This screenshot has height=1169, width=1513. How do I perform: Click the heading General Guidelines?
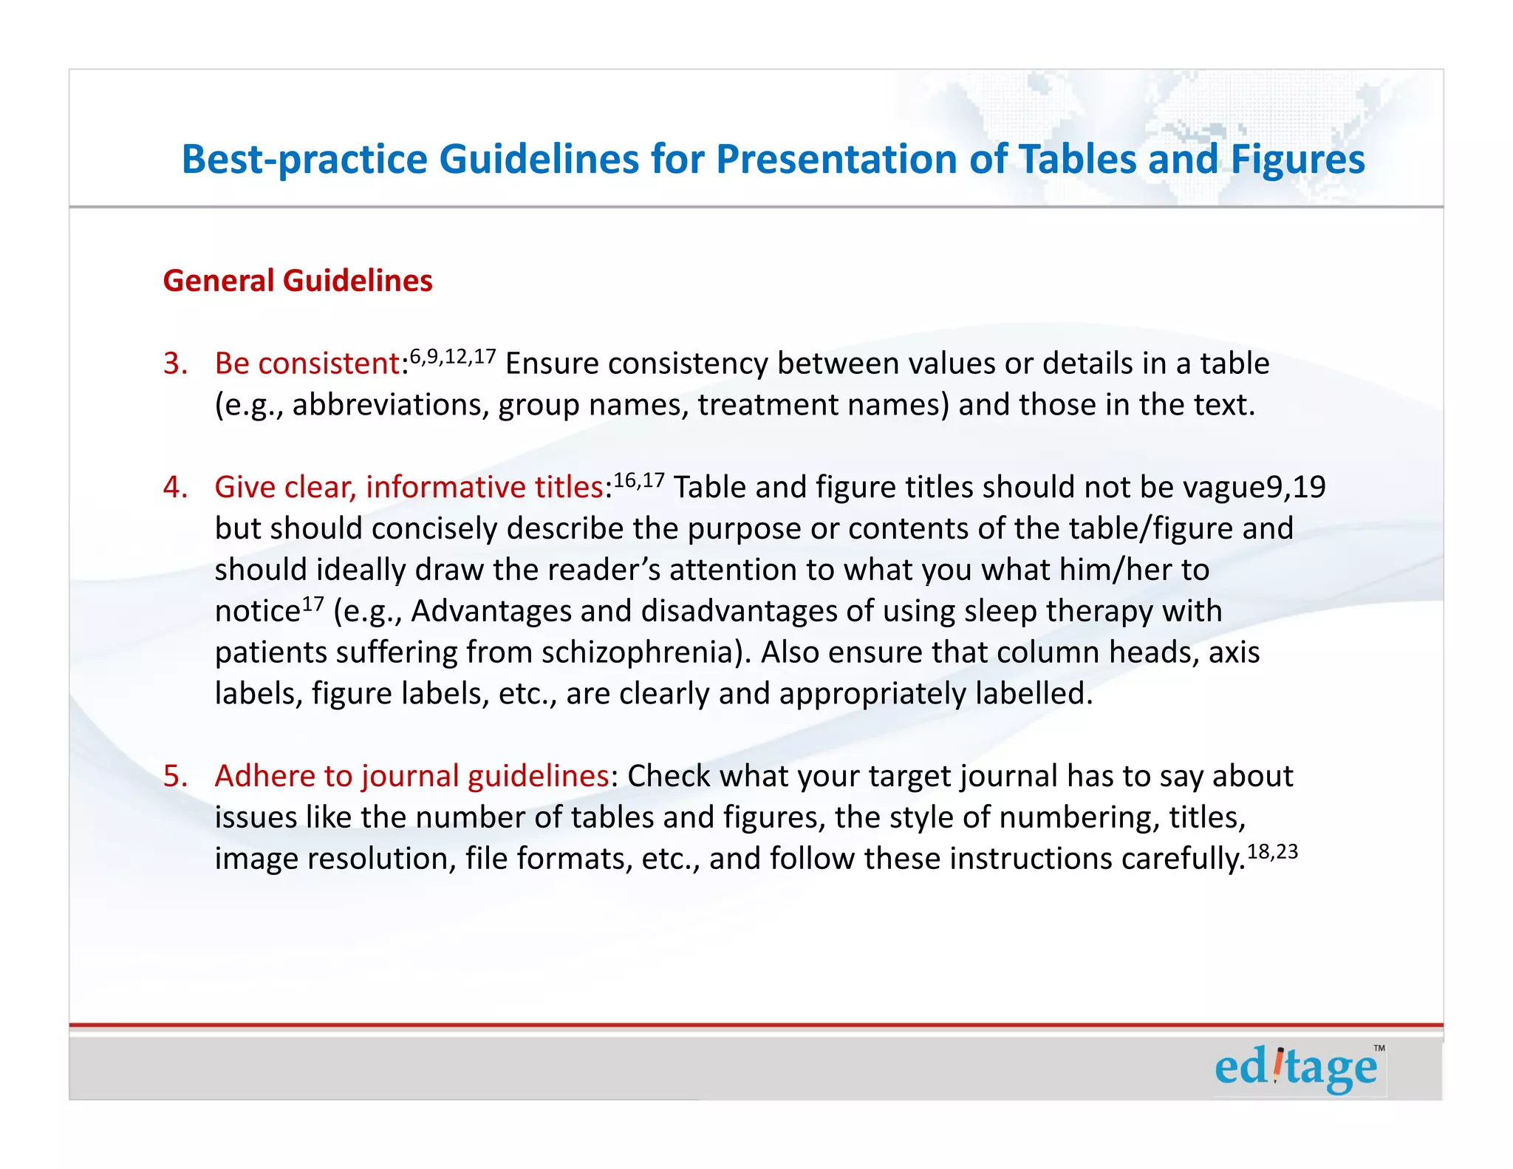[x=298, y=281]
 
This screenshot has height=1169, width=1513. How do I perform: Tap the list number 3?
[x=175, y=364]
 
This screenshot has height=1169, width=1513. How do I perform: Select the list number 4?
[x=175, y=487]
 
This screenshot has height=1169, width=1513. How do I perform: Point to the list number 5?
[x=175, y=776]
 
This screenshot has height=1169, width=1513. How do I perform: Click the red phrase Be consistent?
[x=307, y=364]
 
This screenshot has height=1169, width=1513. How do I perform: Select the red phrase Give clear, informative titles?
[x=409, y=487]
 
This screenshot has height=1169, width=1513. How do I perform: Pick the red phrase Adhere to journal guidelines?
[x=411, y=776]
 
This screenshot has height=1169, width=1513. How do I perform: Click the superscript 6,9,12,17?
[x=453, y=358]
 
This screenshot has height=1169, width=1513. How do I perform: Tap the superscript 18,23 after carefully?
[x=1272, y=852]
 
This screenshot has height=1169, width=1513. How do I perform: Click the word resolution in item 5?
[x=381, y=859]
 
